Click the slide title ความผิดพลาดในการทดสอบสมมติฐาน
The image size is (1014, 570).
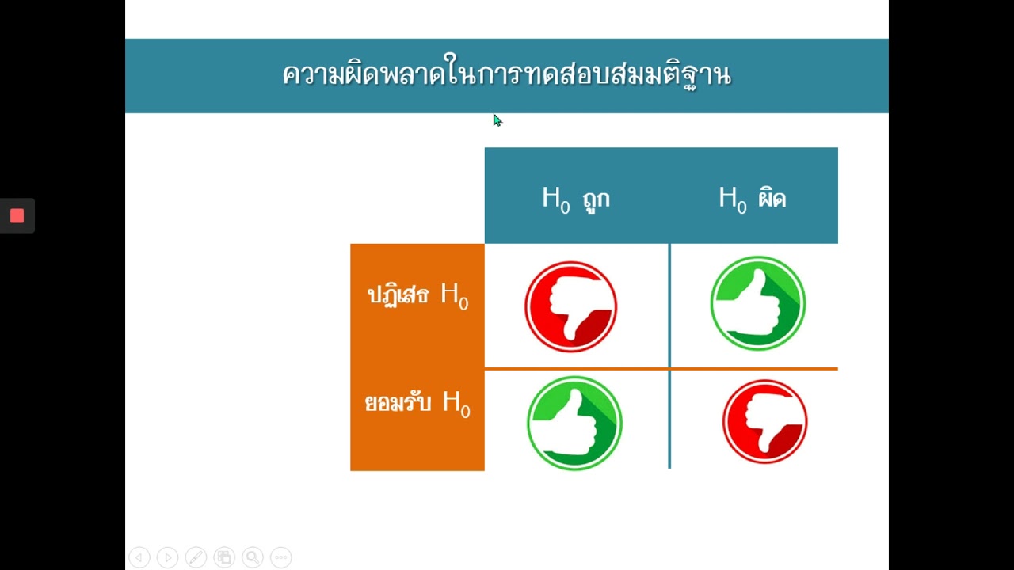[x=506, y=75]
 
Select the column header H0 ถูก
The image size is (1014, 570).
[x=576, y=198]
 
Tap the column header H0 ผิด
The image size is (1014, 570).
[x=752, y=198]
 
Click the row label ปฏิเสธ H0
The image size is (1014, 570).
[x=417, y=295]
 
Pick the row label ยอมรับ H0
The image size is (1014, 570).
[x=417, y=402]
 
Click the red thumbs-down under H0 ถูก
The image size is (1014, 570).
[x=570, y=306]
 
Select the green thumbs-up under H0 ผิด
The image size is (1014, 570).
[x=758, y=303]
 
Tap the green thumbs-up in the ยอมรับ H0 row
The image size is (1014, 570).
[x=574, y=424]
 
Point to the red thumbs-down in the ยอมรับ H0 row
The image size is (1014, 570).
[x=764, y=421]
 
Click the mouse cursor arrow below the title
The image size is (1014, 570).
[x=497, y=120]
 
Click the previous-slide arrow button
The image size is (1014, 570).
[x=139, y=557]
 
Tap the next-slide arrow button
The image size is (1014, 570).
[x=167, y=557]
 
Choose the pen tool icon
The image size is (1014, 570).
[x=196, y=557]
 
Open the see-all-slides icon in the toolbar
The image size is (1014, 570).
[x=224, y=557]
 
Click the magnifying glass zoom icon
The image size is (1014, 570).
[x=253, y=557]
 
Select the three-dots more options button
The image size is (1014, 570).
[x=280, y=557]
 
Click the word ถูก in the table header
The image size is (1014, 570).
[x=595, y=199]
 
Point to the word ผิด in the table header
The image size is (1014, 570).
[x=772, y=198]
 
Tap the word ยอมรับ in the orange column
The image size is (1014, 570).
[x=398, y=403]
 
